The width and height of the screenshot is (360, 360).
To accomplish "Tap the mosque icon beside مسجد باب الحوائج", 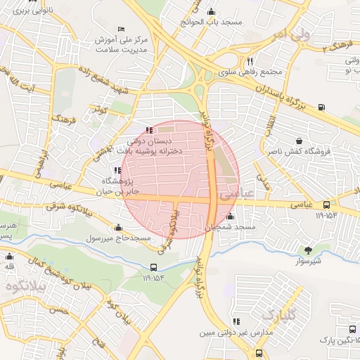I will pyautogui.click(x=212, y=11).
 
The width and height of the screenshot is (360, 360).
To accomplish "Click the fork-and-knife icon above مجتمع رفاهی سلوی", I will pyautogui.click(x=259, y=61).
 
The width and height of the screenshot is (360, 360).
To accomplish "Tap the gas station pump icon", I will pyautogui.click(x=321, y=107).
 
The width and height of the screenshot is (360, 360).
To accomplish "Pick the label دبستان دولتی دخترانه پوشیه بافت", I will pyautogui.click(x=148, y=145).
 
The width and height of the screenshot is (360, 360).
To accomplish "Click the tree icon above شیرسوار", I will pyautogui.click(x=308, y=250).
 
